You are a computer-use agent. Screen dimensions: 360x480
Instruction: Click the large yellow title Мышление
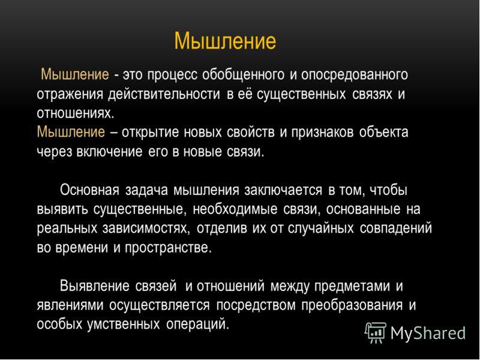pos(225,41)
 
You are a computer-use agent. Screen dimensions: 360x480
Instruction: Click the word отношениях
pos(74,113)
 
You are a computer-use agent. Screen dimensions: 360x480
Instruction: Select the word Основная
pos(91,190)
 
